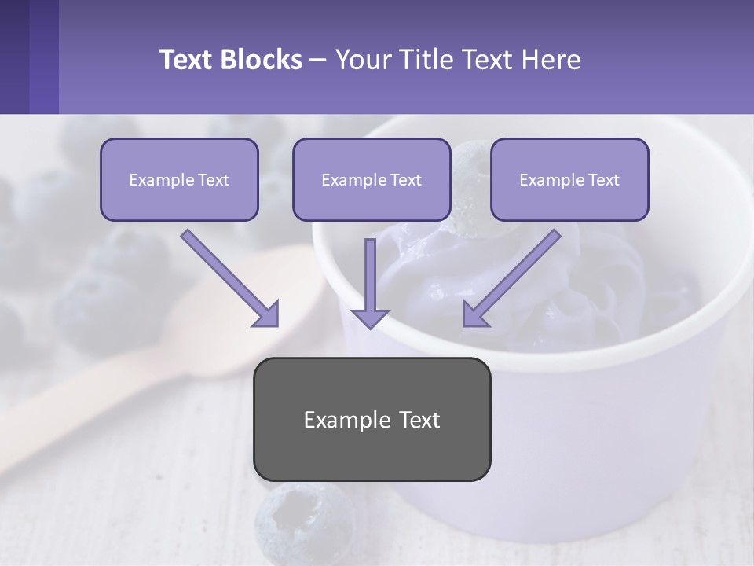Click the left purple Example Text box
(x=179, y=179)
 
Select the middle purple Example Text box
(x=372, y=179)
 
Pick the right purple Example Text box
(x=569, y=179)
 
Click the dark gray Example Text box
(x=372, y=419)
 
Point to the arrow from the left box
(x=228, y=277)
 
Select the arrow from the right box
(x=514, y=275)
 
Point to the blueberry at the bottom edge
(x=302, y=523)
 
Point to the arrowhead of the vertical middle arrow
(x=370, y=318)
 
